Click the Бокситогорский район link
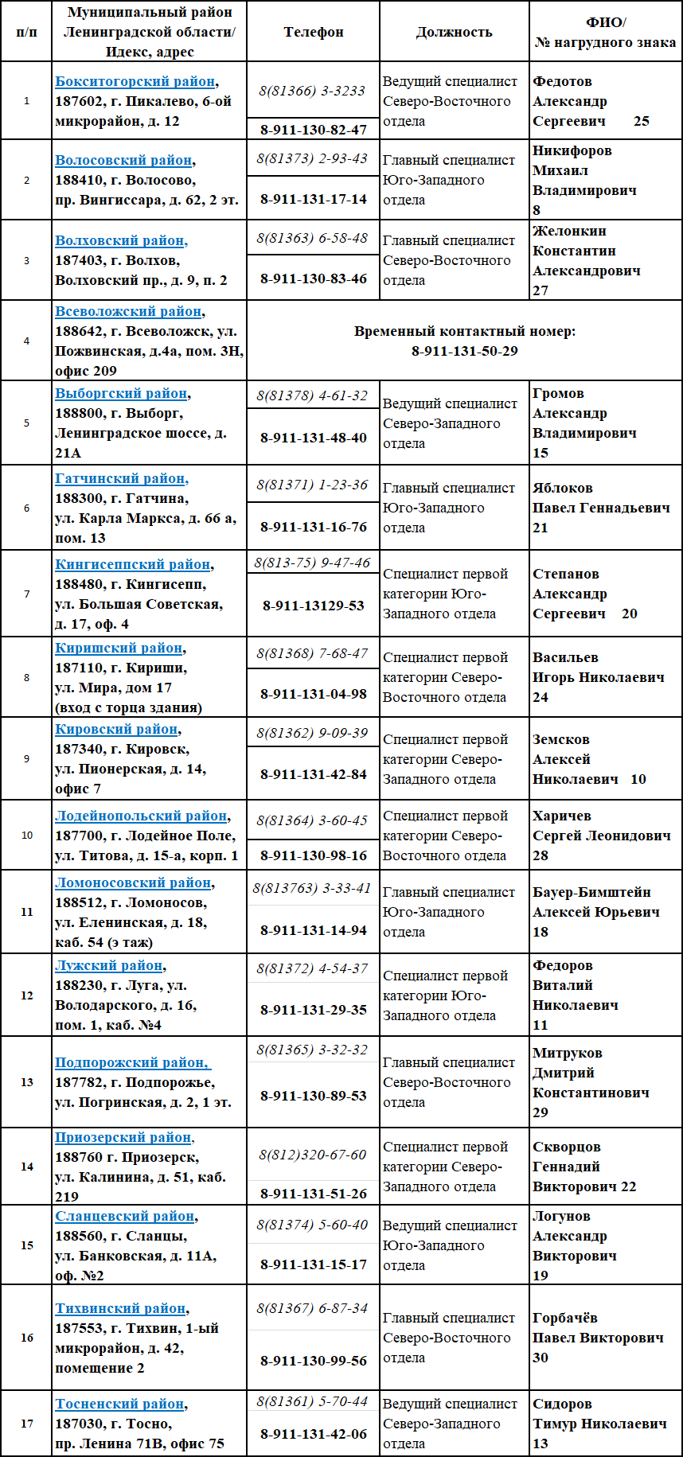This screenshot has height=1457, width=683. point(135,82)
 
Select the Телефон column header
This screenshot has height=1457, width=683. point(314,33)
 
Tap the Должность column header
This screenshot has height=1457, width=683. point(454,33)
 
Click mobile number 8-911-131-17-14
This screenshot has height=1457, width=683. point(314,199)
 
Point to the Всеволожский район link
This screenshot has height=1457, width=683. point(128,312)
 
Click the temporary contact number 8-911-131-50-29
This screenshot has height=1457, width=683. point(464,351)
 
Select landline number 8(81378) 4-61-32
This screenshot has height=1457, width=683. point(312,395)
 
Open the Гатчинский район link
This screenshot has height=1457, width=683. point(120,479)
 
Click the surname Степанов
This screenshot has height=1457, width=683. point(566,575)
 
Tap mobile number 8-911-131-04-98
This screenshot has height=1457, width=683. point(314,694)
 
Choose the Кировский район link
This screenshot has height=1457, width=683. point(116,730)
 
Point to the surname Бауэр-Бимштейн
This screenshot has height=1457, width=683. point(591,893)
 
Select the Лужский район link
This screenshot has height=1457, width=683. point(108,966)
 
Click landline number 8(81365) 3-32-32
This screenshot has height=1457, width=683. point(312,1050)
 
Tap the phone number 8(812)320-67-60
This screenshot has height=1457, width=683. point(312,1155)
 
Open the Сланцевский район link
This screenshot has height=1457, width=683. point(125,1217)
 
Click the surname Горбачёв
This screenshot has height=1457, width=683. point(565,1319)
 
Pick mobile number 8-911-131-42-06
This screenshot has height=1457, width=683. point(314,1434)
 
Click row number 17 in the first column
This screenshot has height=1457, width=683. point(27,1424)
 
